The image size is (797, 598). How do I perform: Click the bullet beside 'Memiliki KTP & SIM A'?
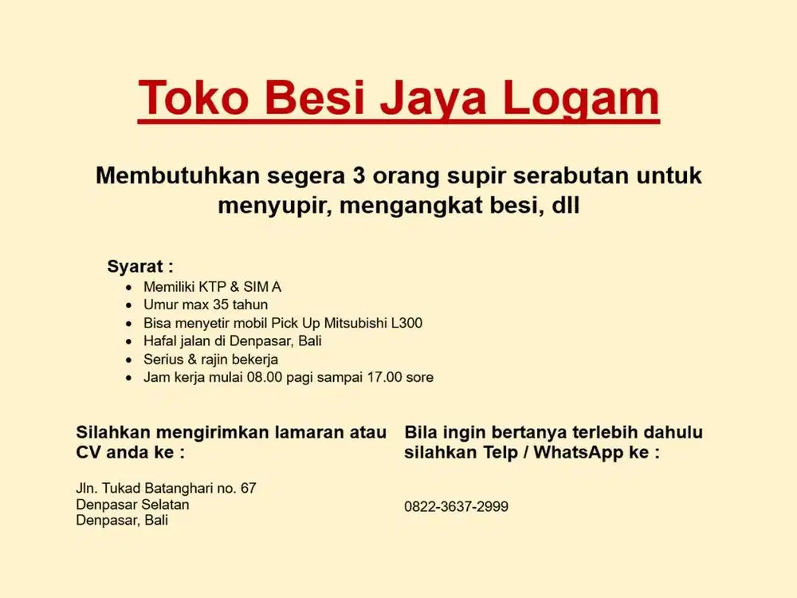(129, 287)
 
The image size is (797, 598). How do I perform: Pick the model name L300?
(406, 323)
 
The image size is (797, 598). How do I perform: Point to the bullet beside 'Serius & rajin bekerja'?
(129, 360)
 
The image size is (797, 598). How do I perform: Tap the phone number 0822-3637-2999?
(456, 506)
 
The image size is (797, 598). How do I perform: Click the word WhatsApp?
(579, 453)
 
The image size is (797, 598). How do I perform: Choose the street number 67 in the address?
(249, 488)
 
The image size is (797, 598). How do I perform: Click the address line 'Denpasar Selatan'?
(132, 504)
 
